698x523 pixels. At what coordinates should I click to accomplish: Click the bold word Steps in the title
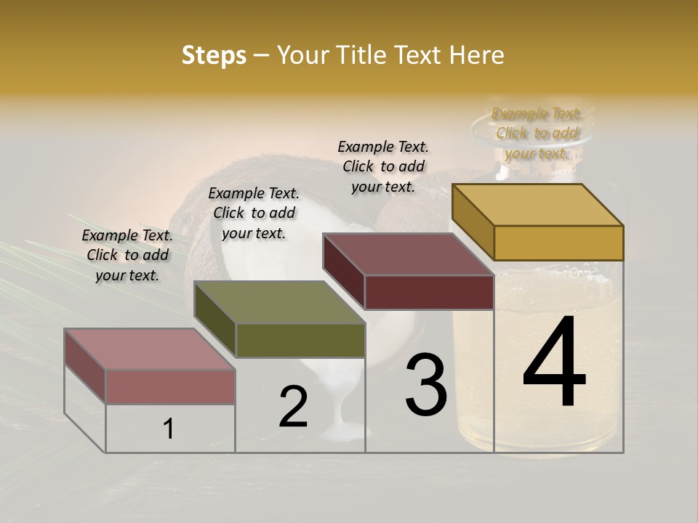pyautogui.click(x=214, y=55)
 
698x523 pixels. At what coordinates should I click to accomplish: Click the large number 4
pyautogui.click(x=554, y=362)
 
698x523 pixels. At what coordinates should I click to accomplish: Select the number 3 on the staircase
pyautogui.click(x=425, y=385)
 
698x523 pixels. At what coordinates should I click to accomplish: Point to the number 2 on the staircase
pyautogui.click(x=294, y=407)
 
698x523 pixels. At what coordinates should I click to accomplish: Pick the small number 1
pyautogui.click(x=168, y=429)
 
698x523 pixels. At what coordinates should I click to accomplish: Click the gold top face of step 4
pyautogui.click(x=538, y=204)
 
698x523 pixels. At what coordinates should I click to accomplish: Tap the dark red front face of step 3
pyautogui.click(x=428, y=292)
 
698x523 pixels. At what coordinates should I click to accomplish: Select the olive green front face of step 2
pyautogui.click(x=300, y=340)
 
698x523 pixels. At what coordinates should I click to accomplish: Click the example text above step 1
pyautogui.click(x=127, y=255)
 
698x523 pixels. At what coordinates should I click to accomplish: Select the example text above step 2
pyautogui.click(x=254, y=213)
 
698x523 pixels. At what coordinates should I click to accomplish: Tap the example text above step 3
pyautogui.click(x=383, y=166)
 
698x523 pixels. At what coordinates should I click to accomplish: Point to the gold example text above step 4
pyautogui.click(x=537, y=134)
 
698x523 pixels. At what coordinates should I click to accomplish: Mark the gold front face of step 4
pyautogui.click(x=558, y=243)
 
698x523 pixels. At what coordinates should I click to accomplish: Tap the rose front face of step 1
pyautogui.click(x=170, y=386)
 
